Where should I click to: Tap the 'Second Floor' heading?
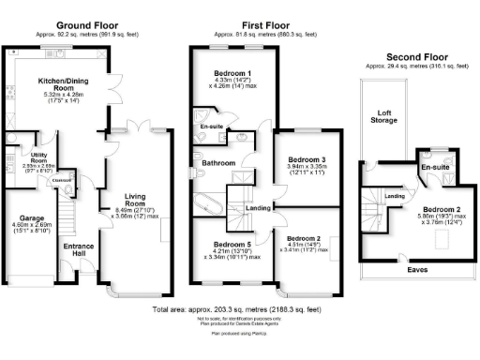click(405, 58)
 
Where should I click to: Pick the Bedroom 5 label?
click(225, 242)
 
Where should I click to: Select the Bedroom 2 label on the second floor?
click(436, 210)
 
